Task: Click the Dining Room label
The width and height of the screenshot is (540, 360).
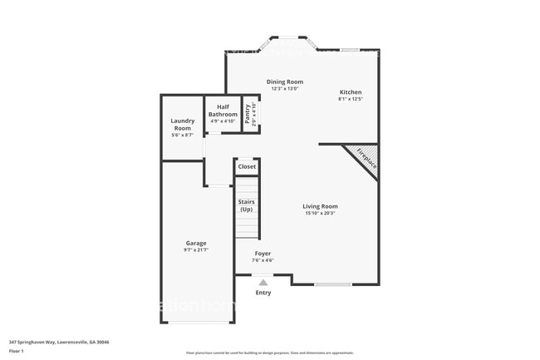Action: (284, 81)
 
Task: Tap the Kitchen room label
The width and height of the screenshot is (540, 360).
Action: (350, 91)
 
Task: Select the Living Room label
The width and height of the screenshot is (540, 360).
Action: (321, 206)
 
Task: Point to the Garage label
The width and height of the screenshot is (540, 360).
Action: (196, 243)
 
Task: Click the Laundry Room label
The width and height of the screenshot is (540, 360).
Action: (182, 125)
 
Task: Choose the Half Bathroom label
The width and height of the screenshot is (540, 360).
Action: (222, 111)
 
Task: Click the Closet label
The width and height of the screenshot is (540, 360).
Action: (247, 167)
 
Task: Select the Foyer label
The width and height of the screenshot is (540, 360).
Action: (263, 254)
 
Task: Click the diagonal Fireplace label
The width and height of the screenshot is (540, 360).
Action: (366, 158)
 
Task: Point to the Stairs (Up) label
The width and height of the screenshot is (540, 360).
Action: (246, 205)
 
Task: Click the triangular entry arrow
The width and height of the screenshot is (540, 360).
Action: (263, 283)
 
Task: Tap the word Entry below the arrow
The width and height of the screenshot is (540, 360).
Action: (263, 293)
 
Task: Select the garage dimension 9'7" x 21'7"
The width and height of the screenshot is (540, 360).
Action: (196, 250)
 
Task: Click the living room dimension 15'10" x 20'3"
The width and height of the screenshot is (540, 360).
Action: (321, 214)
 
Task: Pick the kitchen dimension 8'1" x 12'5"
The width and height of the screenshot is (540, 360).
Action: (350, 99)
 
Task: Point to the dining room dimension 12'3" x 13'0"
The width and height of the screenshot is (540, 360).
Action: (284, 89)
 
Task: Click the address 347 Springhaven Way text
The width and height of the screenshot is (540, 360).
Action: (59, 342)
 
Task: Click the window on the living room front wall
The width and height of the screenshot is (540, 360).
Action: (332, 285)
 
